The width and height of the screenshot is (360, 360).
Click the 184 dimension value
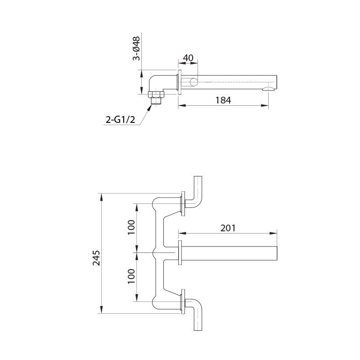(223, 100)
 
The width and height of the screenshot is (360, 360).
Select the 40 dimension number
(188, 58)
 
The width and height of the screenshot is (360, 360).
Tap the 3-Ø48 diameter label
(136, 49)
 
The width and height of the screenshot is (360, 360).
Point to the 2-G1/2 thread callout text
(120, 119)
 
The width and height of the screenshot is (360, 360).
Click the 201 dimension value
(228, 228)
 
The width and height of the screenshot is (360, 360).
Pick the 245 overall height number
(96, 258)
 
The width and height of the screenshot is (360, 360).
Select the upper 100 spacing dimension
(131, 227)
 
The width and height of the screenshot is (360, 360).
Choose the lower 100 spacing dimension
(131, 276)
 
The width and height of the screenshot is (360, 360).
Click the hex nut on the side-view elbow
(156, 94)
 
